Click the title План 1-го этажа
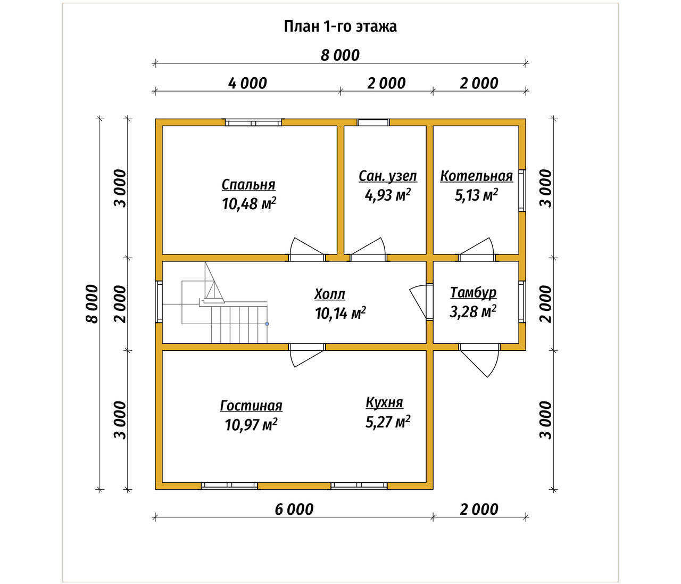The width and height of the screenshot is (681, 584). (x=340, y=27)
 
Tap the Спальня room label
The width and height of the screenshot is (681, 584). (x=248, y=185)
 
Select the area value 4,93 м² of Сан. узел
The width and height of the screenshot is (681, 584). (x=388, y=195)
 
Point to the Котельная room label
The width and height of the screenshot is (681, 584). (x=476, y=176)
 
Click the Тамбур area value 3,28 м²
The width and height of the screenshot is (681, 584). (x=473, y=311)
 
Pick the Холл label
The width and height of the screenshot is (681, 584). (x=330, y=294)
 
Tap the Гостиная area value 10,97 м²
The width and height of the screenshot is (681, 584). (x=251, y=424)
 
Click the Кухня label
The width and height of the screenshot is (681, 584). (x=385, y=402)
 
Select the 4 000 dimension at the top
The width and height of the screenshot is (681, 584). (x=247, y=84)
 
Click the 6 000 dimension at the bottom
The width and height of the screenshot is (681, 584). (x=294, y=509)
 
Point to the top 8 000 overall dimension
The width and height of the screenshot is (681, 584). (x=340, y=55)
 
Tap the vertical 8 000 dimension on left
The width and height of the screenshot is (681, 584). (x=93, y=303)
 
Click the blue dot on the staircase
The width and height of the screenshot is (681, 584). (x=267, y=324)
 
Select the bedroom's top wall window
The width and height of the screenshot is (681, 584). (x=253, y=122)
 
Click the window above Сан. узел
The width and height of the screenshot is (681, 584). (x=373, y=122)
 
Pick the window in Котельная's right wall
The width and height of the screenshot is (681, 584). (x=522, y=191)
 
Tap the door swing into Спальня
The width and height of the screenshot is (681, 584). (x=307, y=250)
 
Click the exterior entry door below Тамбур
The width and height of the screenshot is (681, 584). (x=480, y=360)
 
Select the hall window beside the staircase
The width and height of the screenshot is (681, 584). (x=159, y=301)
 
